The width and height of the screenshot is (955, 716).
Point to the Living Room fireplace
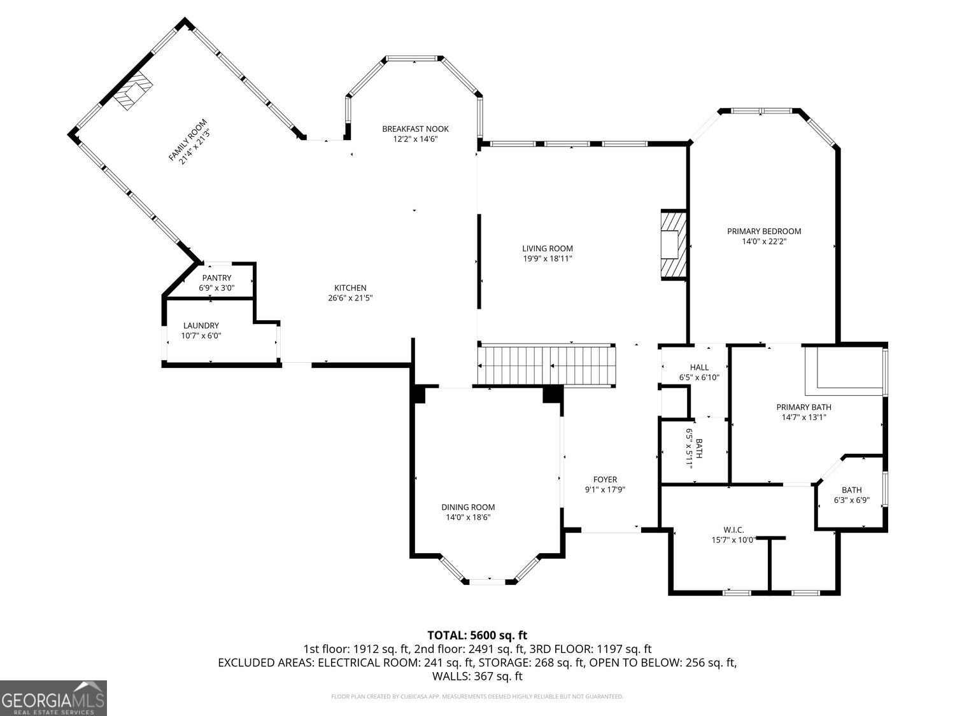(x=673, y=245)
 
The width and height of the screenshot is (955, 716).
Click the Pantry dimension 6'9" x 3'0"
(x=216, y=288)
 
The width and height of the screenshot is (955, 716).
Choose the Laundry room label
(x=201, y=325)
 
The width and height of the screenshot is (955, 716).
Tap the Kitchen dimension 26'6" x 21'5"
(x=350, y=298)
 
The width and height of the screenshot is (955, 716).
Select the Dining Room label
(x=468, y=507)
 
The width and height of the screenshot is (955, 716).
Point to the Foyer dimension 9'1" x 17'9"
(x=605, y=490)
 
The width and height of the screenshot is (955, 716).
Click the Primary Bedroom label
(x=763, y=231)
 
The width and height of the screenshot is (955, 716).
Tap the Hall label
(x=699, y=367)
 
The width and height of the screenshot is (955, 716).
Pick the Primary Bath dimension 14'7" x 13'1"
(x=803, y=418)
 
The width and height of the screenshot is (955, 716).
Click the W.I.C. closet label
(x=733, y=530)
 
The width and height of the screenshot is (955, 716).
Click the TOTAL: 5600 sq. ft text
(x=477, y=635)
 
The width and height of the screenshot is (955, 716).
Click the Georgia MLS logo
(x=53, y=698)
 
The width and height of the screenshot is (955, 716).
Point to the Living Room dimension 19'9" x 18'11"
(x=547, y=258)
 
